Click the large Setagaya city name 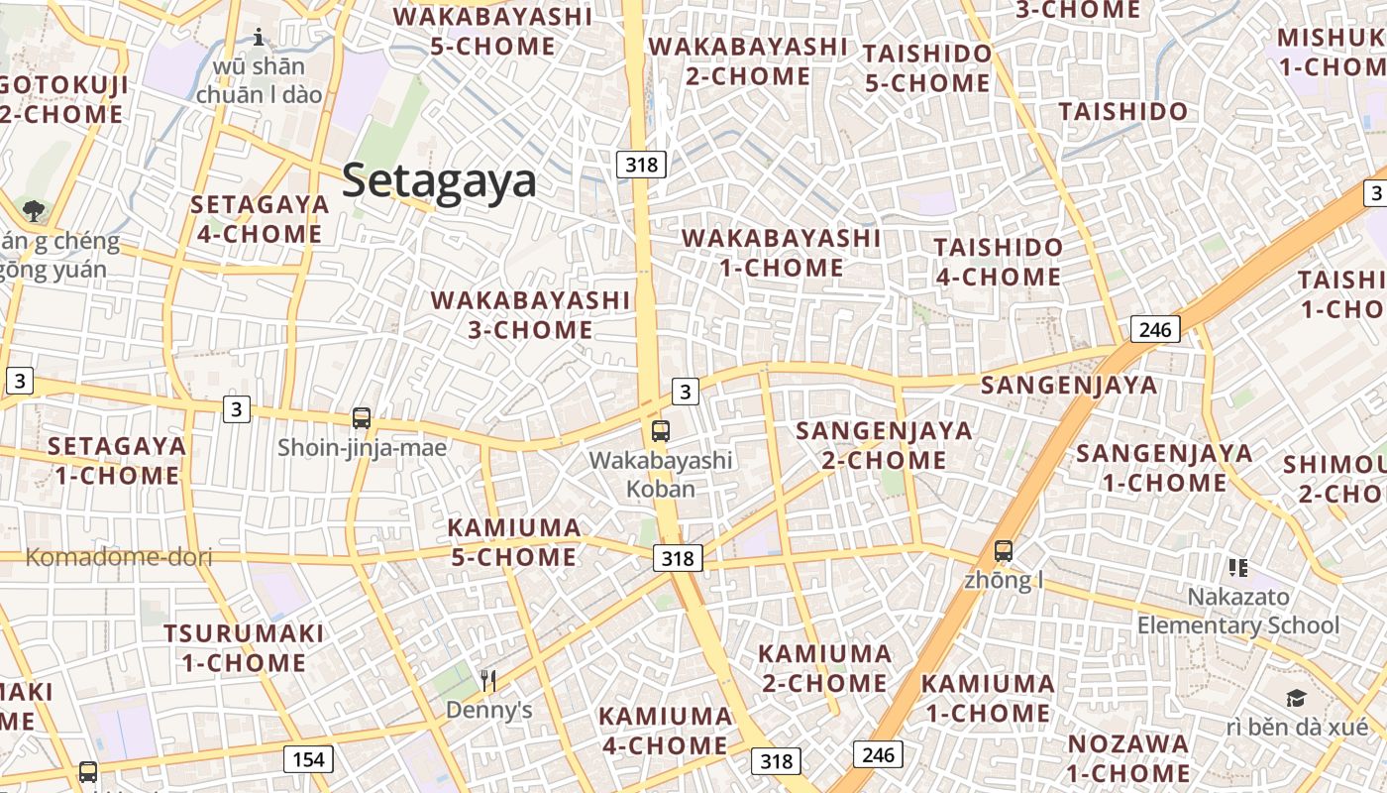tap(439, 181)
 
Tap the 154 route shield tap(308, 759)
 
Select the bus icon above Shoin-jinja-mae tap(362, 418)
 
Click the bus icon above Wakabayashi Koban tap(661, 431)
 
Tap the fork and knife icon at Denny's tap(487, 680)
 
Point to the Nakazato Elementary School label tap(1238, 611)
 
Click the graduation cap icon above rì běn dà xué tap(1296, 699)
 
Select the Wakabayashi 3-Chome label tap(530, 314)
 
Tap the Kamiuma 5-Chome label tap(514, 542)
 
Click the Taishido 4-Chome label tap(998, 262)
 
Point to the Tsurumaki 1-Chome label tap(244, 647)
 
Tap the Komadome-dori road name tap(119, 557)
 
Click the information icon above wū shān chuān tap(260, 38)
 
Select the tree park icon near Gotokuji tap(34, 210)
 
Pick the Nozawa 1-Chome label tap(1128, 757)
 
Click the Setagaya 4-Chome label tap(260, 219)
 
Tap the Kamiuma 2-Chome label tap(824, 668)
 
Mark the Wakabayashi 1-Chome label tap(781, 253)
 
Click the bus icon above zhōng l tap(1004, 551)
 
